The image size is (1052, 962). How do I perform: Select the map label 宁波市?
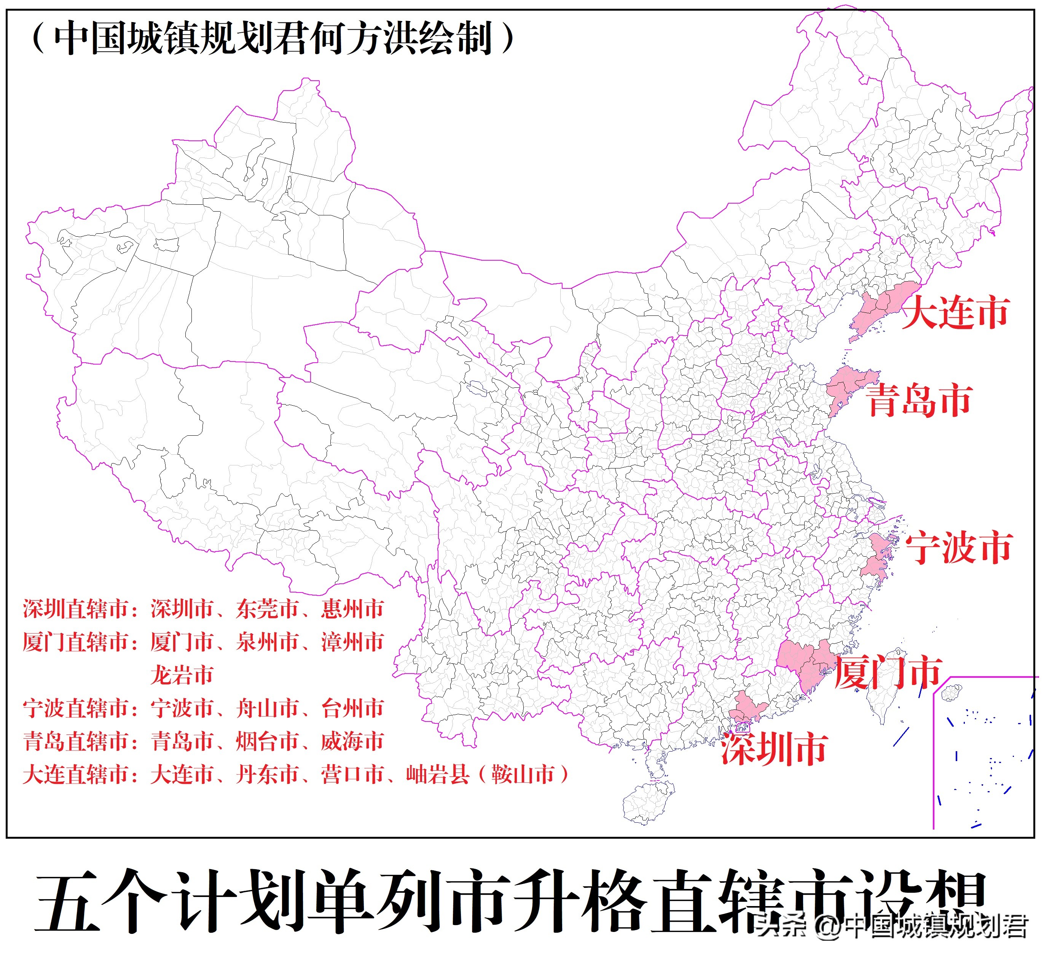click(959, 548)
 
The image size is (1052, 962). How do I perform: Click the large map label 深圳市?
click(775, 749)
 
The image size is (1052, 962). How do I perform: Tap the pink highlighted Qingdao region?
click(845, 386)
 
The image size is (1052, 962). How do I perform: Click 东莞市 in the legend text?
click(268, 609)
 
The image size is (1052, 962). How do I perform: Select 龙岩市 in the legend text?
click(182, 675)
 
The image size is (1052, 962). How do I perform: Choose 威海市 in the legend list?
click(353, 741)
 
